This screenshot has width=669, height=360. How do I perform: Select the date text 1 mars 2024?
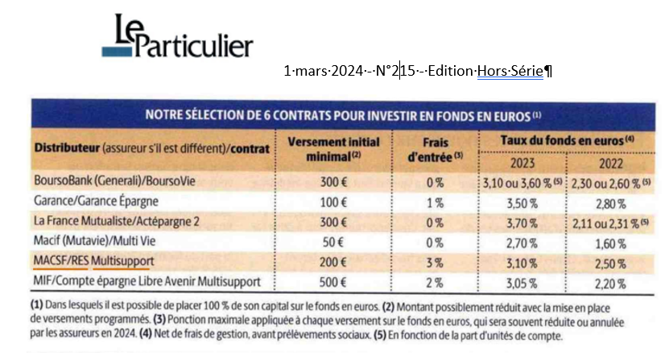click(x=320, y=71)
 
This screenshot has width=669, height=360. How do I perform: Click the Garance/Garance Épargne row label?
click(x=96, y=201)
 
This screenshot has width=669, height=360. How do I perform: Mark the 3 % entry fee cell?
click(x=432, y=261)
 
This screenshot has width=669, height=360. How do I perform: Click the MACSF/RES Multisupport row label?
click(x=95, y=261)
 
